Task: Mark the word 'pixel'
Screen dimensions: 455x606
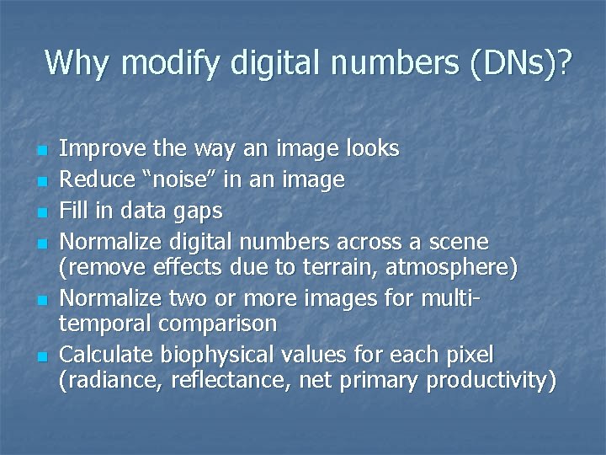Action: (x=471, y=354)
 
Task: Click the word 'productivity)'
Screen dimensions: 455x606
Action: (x=492, y=381)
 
